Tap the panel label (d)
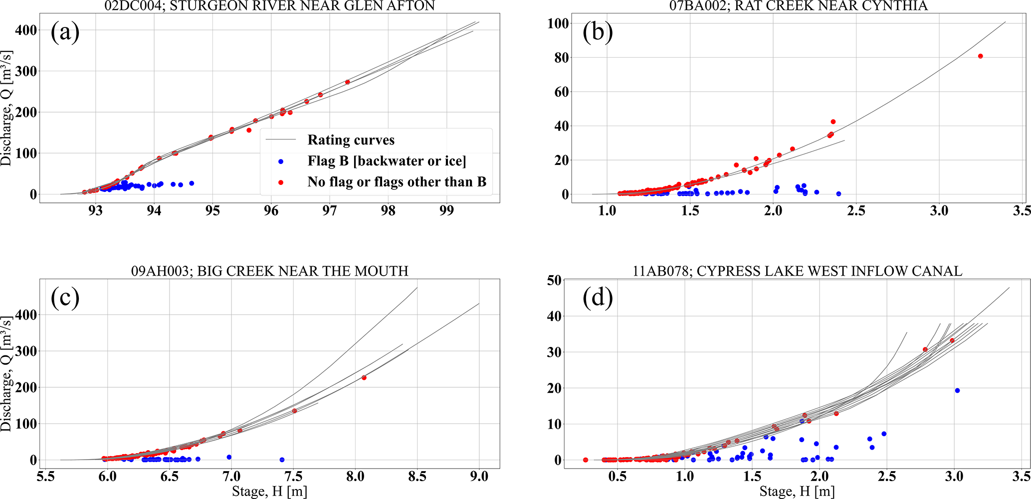pos(597,298)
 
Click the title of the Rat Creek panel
pos(798,6)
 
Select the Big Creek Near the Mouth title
pos(270,271)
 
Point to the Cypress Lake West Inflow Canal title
pos(798,271)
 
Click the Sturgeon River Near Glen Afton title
pos(270,6)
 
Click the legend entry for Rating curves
pos(351,140)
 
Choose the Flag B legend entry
pos(387,161)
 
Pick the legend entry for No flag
pos(397,182)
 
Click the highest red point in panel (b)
pos(980,56)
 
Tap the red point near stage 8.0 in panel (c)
pos(364,378)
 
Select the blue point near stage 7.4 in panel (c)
pos(282,460)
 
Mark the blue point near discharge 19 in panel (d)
pos(957,391)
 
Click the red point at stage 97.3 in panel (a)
pos(347,82)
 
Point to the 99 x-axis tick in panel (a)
pos(446,211)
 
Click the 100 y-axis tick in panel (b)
pos(558,23)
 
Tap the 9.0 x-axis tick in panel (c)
pos(479,477)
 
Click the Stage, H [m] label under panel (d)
pos(797,492)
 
